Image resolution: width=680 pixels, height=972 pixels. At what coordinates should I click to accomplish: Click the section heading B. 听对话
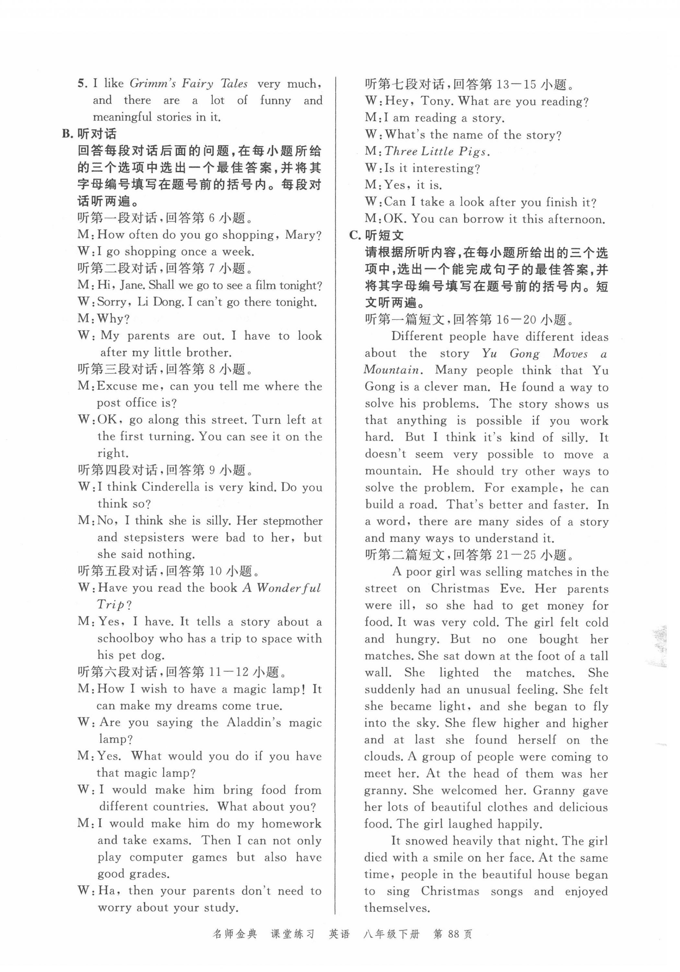89,134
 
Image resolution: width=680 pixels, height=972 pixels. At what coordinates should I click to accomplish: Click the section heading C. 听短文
376,235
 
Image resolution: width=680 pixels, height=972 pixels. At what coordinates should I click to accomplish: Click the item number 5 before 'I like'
82,83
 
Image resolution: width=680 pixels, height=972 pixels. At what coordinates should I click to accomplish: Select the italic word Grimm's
152,83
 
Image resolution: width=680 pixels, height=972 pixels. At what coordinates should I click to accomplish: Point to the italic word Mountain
392,370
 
